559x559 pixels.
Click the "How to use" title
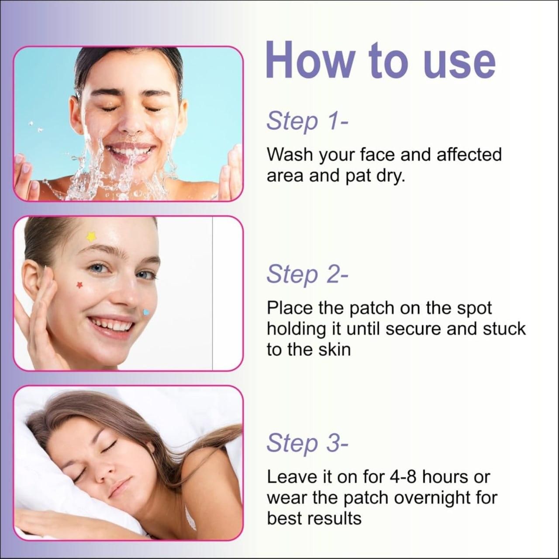pyautogui.click(x=380, y=60)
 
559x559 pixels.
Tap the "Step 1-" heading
pyautogui.click(x=307, y=121)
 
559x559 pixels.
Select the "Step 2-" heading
pyautogui.click(x=307, y=274)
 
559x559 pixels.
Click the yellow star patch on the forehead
pyautogui.click(x=91, y=237)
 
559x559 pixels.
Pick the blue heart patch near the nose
pyautogui.click(x=147, y=312)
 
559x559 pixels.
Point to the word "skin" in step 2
pyautogui.click(x=334, y=350)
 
